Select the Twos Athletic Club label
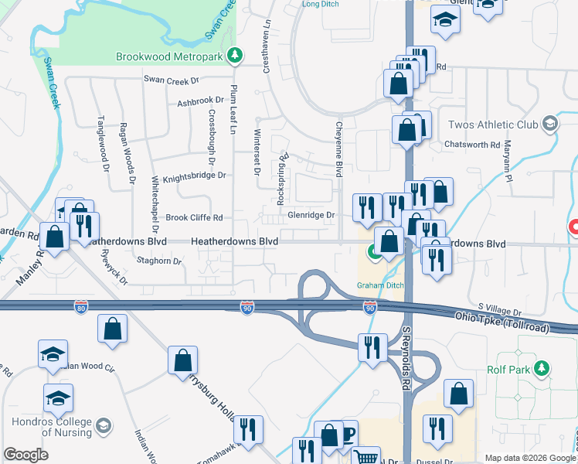[x=495, y=124]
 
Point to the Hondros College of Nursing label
[x=51, y=428]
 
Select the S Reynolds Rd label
[x=405, y=357]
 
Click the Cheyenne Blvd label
[x=338, y=149]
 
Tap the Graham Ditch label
[x=380, y=285]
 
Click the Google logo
[x=25, y=455]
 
